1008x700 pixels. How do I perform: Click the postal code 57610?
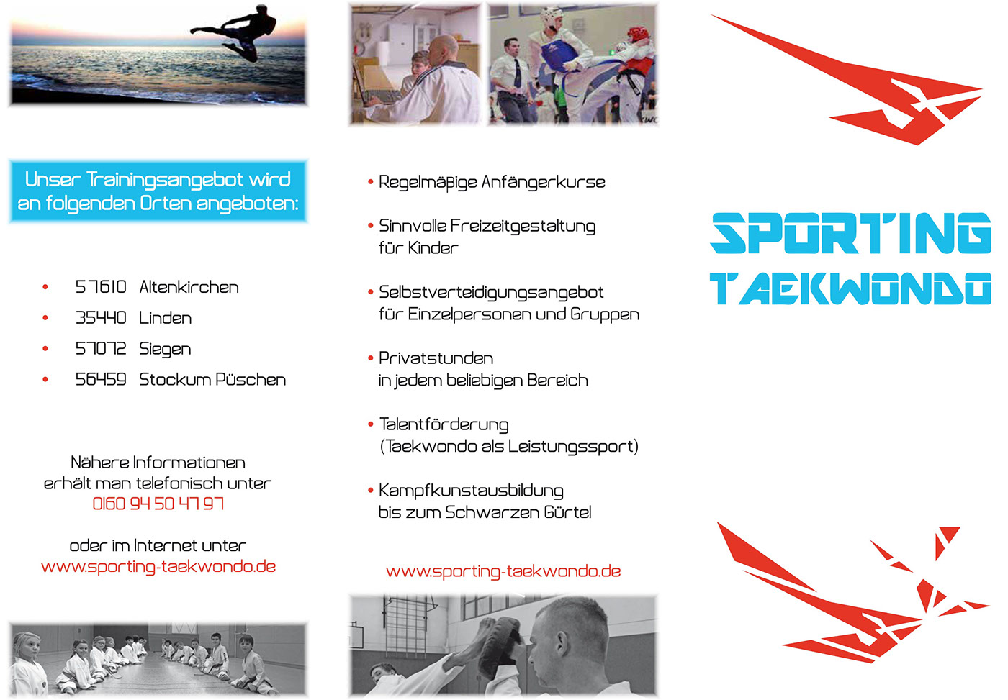tap(101, 287)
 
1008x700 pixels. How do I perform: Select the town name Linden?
tap(165, 318)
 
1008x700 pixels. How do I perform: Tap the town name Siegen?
tap(165, 350)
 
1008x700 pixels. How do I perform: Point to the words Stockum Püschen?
tap(212, 379)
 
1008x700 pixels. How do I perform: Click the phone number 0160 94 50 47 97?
tap(158, 504)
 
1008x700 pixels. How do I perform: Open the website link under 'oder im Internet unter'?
tap(158, 567)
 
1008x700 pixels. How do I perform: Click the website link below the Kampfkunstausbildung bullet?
tap(503, 571)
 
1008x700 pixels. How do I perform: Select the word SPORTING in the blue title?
tap(851, 233)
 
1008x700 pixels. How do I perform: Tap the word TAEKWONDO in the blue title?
tap(851, 288)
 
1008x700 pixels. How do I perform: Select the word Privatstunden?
tap(436, 358)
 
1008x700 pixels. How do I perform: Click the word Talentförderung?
tap(444, 425)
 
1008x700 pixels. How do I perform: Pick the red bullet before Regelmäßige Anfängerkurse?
tap(371, 182)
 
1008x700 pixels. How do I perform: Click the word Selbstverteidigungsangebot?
tap(491, 293)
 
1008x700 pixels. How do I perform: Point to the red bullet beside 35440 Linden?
tap(45, 318)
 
